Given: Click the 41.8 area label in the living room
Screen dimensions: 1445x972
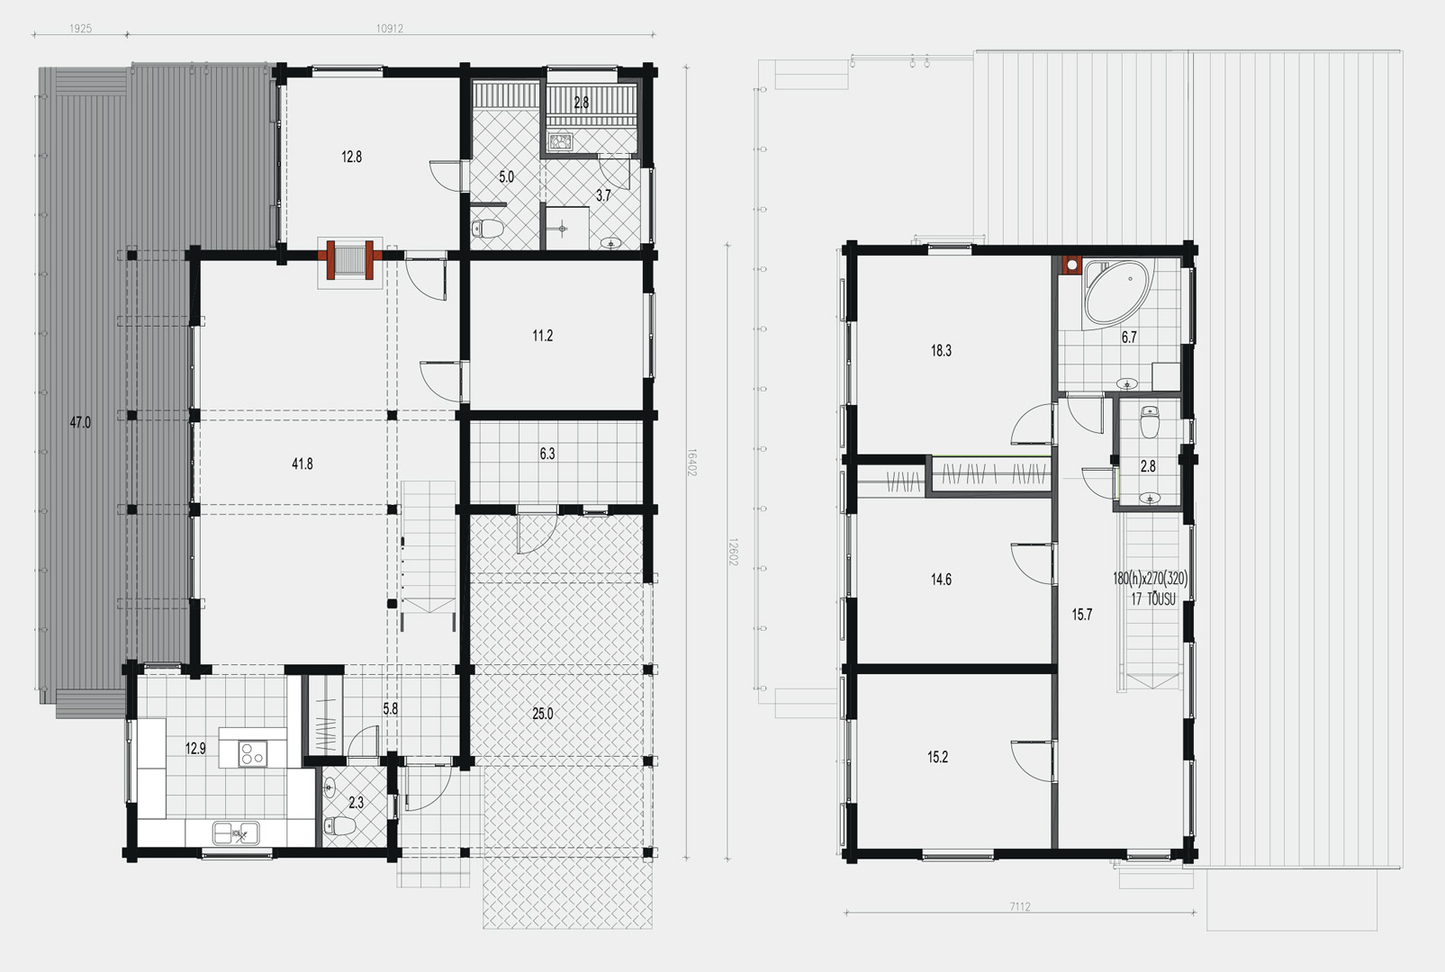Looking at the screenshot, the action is point(302,463).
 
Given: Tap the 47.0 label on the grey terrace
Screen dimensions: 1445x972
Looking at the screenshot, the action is point(80,422).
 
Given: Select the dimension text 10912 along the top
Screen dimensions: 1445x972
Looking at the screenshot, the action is point(390,29).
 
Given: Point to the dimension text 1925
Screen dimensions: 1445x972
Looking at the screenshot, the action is point(81,29).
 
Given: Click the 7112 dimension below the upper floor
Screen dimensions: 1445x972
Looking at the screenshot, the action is point(1020,906).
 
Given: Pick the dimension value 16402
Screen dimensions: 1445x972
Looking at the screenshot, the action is point(691,463).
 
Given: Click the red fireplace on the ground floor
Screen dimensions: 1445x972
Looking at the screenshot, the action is point(350,259).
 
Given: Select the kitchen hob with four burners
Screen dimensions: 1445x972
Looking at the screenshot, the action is point(253,753).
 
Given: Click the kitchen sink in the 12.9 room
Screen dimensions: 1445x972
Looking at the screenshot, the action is point(236,832).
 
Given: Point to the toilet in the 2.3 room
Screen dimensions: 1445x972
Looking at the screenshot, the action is point(340,825).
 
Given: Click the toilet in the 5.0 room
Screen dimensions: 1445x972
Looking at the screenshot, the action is point(488,229).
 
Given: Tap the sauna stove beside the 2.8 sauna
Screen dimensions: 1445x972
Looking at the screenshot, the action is point(561,141).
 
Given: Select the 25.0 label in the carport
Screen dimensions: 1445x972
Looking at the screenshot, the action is point(543,714).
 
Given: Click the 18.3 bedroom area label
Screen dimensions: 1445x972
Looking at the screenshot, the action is point(941,350).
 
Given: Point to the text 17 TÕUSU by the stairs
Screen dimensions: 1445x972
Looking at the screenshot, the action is point(1152,598).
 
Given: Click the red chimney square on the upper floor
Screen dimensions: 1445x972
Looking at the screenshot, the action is point(1071,265).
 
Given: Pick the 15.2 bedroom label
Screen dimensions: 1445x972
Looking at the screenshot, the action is point(937,757).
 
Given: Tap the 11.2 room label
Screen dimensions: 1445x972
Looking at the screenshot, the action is point(543,336).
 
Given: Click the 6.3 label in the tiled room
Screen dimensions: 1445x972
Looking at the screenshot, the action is point(547,454).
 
